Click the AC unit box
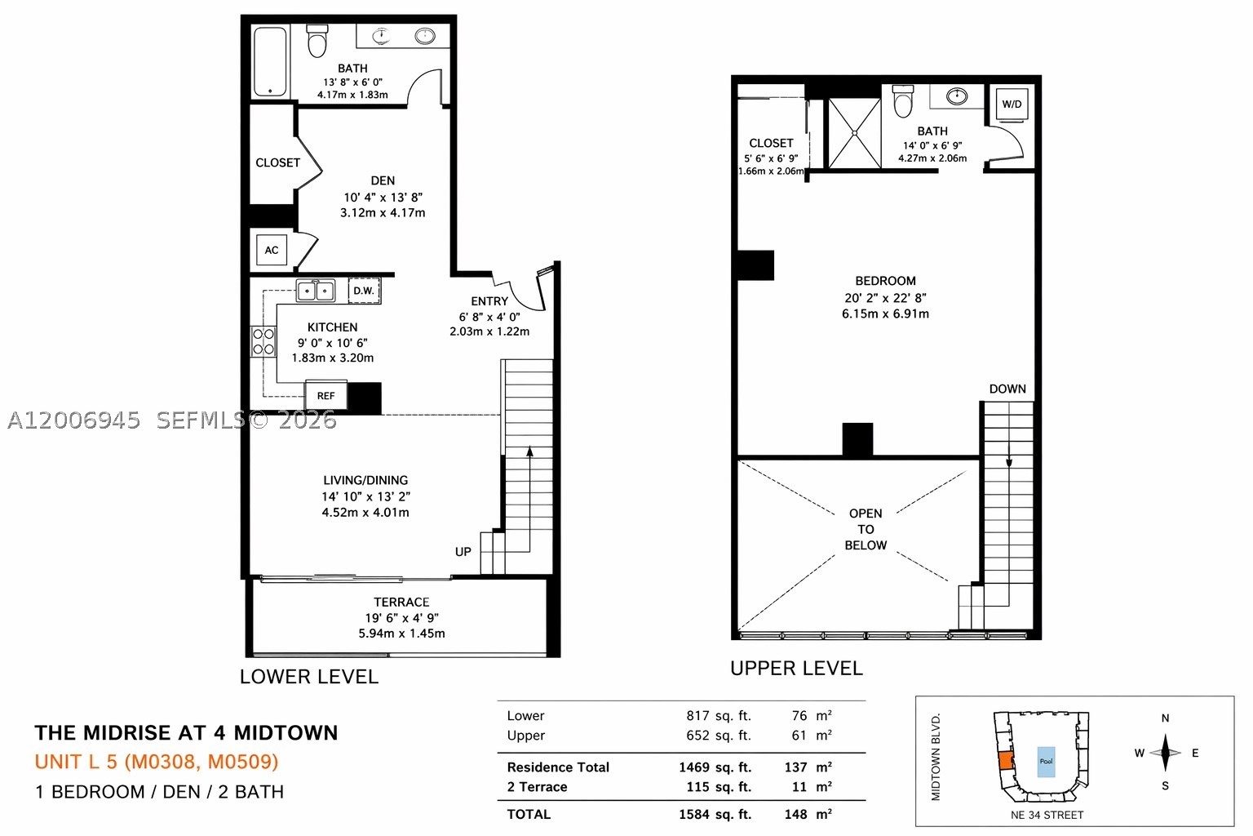pyautogui.click(x=272, y=250)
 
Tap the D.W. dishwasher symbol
pyautogui.click(x=364, y=291)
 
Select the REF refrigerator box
pyautogui.click(x=326, y=395)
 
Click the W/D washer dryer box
pyautogui.click(x=1012, y=104)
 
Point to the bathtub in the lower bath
pyautogui.click(x=270, y=62)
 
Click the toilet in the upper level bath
pyautogui.click(x=903, y=100)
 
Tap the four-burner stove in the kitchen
pyautogui.click(x=263, y=341)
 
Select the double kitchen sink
pyautogui.click(x=316, y=291)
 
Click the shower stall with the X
pyautogui.click(x=854, y=133)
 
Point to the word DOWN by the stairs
pyautogui.click(x=1007, y=389)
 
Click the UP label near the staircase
pyautogui.click(x=463, y=552)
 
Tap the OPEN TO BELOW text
pyautogui.click(x=866, y=529)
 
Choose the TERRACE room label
pyautogui.click(x=401, y=603)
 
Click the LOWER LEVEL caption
pyautogui.click(x=309, y=677)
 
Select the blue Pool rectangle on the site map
pyautogui.click(x=1046, y=762)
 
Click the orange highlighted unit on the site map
pyautogui.click(x=1005, y=760)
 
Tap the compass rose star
pyautogui.click(x=1165, y=753)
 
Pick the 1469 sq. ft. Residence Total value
pyautogui.click(x=715, y=767)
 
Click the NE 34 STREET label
pyautogui.click(x=1047, y=816)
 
